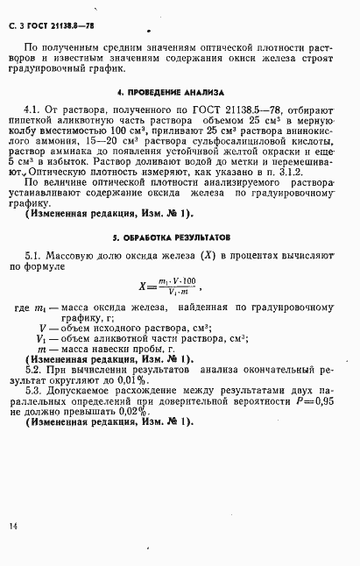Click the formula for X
pyautogui.click(x=171, y=284)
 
